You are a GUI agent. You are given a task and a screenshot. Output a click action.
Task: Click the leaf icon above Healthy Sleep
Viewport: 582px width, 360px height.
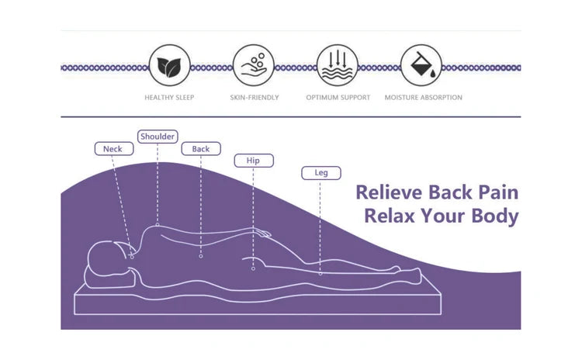169,66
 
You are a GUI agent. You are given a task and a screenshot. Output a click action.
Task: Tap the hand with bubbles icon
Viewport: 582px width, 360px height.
254,66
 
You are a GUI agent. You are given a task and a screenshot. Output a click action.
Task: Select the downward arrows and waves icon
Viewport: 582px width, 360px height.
338,66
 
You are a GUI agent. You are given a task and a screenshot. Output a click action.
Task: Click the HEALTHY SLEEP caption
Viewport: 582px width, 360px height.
169,98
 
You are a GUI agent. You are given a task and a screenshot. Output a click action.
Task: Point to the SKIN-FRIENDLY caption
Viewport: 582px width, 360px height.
255,98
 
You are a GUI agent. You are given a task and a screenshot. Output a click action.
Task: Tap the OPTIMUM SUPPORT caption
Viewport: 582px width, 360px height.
338,98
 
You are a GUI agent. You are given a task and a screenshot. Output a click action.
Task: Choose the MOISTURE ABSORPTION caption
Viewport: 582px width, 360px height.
423,98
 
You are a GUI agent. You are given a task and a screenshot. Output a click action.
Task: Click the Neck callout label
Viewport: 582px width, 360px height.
113,149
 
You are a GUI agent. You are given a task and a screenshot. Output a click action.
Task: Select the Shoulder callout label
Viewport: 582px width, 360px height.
158,137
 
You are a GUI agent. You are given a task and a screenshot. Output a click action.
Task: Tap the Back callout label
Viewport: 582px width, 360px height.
201,149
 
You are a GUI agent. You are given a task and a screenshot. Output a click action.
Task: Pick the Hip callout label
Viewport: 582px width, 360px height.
254,161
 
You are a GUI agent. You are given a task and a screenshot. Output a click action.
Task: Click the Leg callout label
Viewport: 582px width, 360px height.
321,173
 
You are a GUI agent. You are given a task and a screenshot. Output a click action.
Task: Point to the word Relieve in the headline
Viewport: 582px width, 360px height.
389,192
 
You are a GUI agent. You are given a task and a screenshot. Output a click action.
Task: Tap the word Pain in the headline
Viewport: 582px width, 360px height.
498,192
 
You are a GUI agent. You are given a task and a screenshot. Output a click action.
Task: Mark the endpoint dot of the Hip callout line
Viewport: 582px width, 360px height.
253,268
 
